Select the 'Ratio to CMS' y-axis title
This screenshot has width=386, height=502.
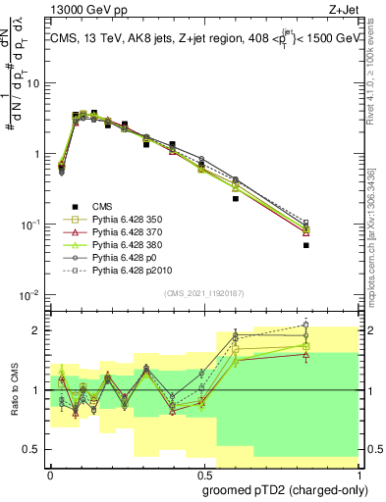(x=14, y=389)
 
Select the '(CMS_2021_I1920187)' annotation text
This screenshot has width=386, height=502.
(x=204, y=294)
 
